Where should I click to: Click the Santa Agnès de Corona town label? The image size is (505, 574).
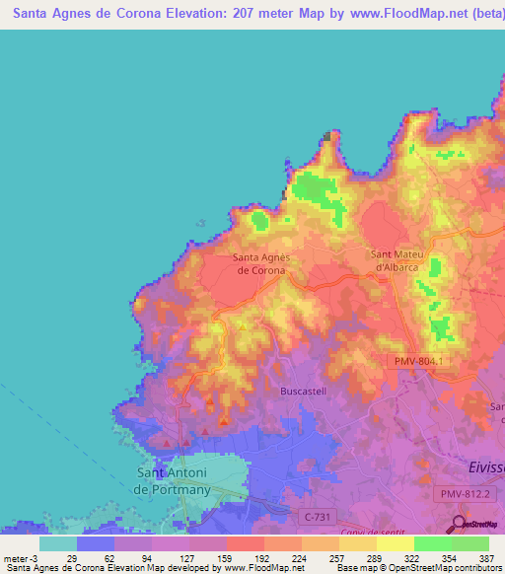(x=259, y=263)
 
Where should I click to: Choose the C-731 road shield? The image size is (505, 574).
(x=313, y=515)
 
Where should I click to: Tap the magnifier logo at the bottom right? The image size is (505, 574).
(x=460, y=524)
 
